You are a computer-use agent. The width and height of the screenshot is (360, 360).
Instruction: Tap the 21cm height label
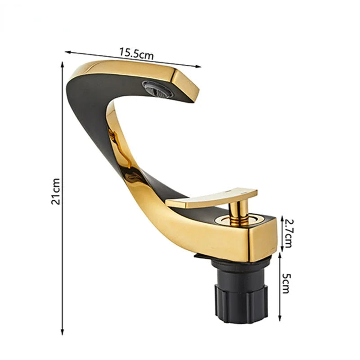[55, 191]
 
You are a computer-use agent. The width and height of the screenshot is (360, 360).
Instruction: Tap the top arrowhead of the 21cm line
[63, 64]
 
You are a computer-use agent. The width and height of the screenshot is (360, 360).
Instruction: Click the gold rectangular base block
[252, 238]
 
